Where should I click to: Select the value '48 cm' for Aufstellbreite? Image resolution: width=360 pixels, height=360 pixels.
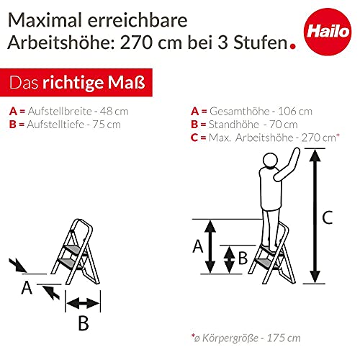click(x=109, y=112)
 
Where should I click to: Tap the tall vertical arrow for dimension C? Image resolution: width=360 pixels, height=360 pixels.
click(x=313, y=216)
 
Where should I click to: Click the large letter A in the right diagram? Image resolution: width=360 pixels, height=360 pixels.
click(x=197, y=246)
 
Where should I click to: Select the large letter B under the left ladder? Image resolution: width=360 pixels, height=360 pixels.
click(x=83, y=324)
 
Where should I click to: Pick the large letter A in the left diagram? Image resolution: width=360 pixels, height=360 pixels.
click(x=27, y=288)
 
